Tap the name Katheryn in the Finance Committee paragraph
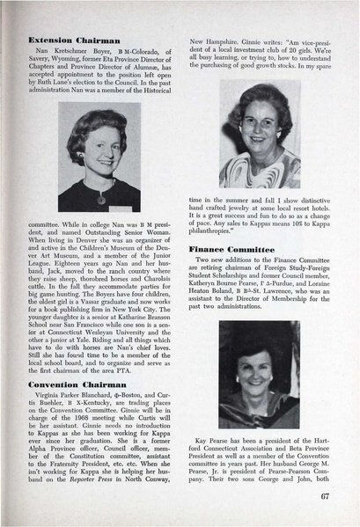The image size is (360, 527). [211, 289]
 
